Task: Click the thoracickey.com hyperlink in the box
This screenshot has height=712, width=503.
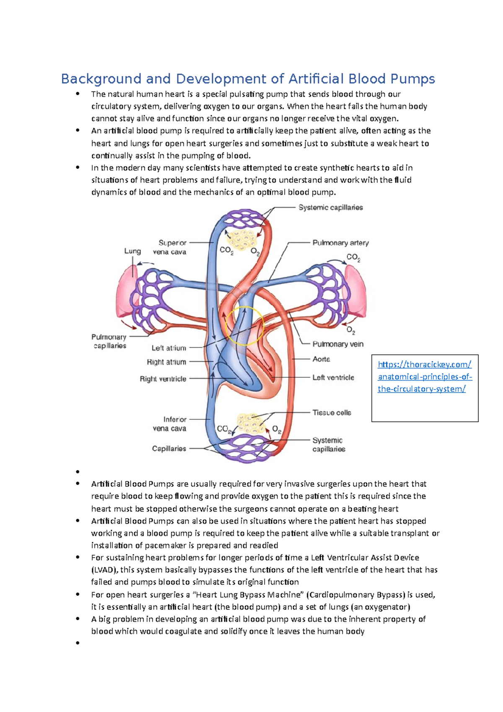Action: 425,377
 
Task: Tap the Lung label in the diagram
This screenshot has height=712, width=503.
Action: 132,251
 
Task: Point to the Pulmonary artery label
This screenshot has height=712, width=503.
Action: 340,243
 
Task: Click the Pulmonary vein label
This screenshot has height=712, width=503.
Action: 338,344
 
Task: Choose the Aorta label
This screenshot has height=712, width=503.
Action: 321,359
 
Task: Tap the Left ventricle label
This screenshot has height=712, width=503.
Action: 333,377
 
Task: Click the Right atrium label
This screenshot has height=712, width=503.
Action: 166,362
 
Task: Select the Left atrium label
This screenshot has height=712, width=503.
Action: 169,348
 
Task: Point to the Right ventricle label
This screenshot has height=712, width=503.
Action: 163,379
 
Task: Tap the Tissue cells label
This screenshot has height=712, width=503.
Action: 332,413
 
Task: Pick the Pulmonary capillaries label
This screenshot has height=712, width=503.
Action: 109,341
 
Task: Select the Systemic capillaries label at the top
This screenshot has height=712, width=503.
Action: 330,208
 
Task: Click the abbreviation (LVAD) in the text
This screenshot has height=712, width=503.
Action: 105,570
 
